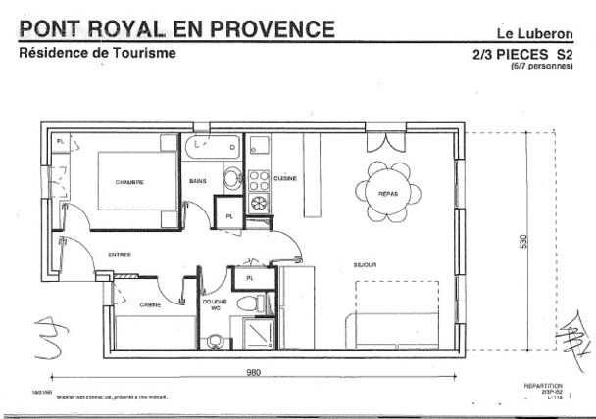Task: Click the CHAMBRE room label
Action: click(129, 182)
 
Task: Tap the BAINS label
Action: click(198, 181)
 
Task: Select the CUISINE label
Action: click(285, 178)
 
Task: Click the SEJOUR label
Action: click(366, 264)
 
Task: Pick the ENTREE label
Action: click(120, 255)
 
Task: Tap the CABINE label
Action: click(150, 304)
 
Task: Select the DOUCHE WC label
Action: click(215, 305)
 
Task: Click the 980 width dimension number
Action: click(254, 373)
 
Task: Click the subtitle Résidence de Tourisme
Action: click(98, 53)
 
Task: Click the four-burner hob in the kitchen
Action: click(259, 181)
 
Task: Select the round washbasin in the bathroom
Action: click(231, 178)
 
